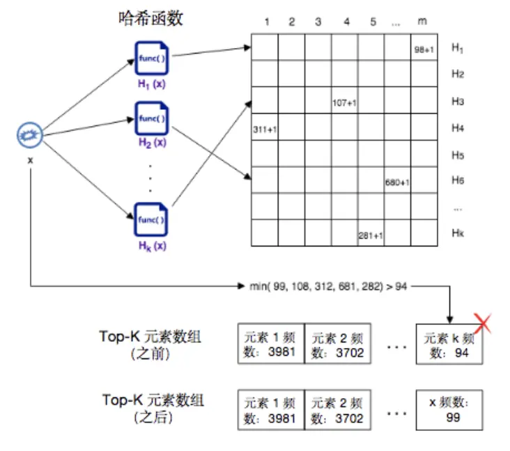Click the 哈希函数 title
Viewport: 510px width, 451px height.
coord(150,19)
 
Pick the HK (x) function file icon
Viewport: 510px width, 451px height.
coord(150,220)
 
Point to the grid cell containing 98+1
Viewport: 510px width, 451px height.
coord(424,48)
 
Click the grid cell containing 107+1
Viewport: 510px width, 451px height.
coord(344,101)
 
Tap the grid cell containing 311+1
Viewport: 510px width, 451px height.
coord(264,128)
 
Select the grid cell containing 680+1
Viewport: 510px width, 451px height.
coord(397,181)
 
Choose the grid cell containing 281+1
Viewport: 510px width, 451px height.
coord(371,234)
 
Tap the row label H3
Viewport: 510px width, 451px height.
coord(457,102)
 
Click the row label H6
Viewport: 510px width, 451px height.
coord(457,181)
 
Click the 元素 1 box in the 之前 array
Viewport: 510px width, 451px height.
coord(271,345)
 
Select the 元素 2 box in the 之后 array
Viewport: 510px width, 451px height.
coord(338,410)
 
